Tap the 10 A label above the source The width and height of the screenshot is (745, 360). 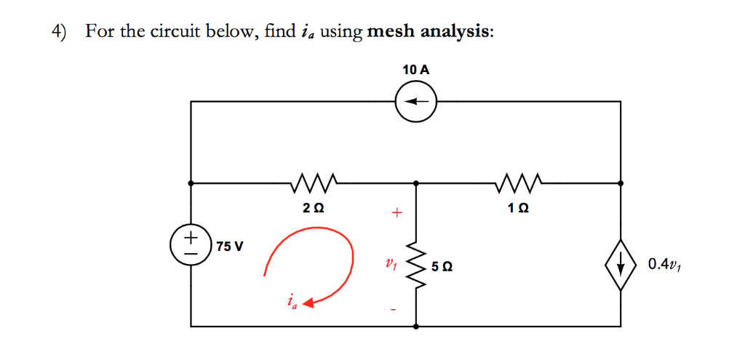[415, 71]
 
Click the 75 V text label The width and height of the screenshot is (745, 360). [230, 246]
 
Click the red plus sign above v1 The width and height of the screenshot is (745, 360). [397, 214]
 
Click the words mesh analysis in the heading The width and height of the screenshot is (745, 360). [429, 33]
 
